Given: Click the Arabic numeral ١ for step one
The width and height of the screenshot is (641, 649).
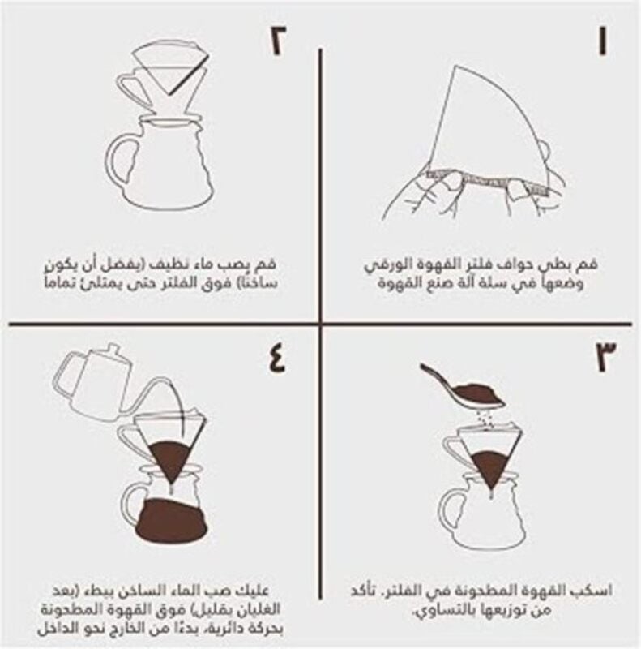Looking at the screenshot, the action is [x=603, y=41].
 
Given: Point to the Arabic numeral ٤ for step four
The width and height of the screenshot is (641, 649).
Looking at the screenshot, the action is [x=277, y=358].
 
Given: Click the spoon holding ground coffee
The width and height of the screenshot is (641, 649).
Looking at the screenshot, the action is [x=464, y=387].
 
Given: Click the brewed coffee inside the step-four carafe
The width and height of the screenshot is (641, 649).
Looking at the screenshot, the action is [x=171, y=519].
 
